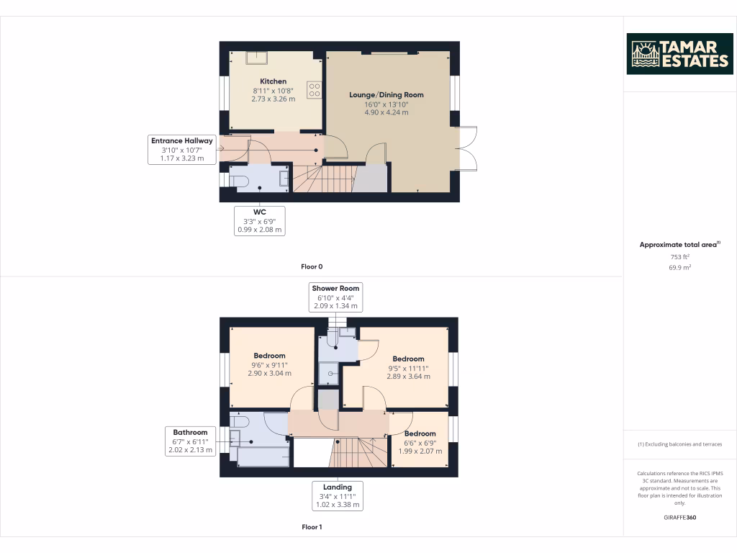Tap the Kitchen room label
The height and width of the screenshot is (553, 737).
click(273, 81)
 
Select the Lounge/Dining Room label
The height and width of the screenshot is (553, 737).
click(386, 94)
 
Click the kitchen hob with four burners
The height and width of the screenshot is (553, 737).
click(314, 89)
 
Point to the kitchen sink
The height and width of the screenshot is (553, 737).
click(256, 58)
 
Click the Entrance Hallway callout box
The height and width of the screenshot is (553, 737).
click(182, 149)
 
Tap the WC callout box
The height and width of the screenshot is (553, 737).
click(260, 220)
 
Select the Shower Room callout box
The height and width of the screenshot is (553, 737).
click(335, 297)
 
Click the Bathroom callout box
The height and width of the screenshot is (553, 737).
click(190, 441)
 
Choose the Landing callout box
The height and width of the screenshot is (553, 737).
click(338, 496)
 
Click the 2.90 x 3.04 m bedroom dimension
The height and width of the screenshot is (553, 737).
click(269, 374)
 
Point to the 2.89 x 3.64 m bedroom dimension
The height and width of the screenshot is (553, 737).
click(408, 377)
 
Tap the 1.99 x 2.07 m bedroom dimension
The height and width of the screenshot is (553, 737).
click(420, 450)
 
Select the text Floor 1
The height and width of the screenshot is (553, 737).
click(312, 527)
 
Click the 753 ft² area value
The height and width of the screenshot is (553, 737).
click(679, 256)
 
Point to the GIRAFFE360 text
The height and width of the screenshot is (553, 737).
click(679, 518)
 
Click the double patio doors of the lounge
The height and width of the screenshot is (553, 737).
click(467, 148)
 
